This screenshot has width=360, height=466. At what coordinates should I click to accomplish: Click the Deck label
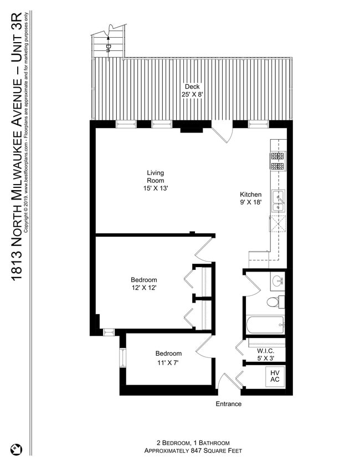(x=192, y=86)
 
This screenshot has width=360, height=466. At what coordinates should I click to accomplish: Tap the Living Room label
(x=155, y=176)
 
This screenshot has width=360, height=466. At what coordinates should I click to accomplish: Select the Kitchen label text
(x=250, y=194)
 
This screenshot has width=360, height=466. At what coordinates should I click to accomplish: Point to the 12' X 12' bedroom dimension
(x=144, y=288)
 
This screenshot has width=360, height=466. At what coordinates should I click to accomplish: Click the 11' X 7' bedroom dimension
(x=168, y=363)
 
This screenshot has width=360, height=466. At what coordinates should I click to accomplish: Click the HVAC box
(x=275, y=376)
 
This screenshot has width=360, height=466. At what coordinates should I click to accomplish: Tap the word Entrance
(x=228, y=404)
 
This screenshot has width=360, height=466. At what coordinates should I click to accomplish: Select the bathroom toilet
(x=273, y=302)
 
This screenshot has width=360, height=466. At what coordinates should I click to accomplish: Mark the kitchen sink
(x=277, y=201)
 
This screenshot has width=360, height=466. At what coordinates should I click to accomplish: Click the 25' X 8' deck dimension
(x=192, y=95)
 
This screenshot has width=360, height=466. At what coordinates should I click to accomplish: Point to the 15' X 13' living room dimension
(x=155, y=188)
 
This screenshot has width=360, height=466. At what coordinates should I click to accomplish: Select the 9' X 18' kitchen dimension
(x=250, y=203)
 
